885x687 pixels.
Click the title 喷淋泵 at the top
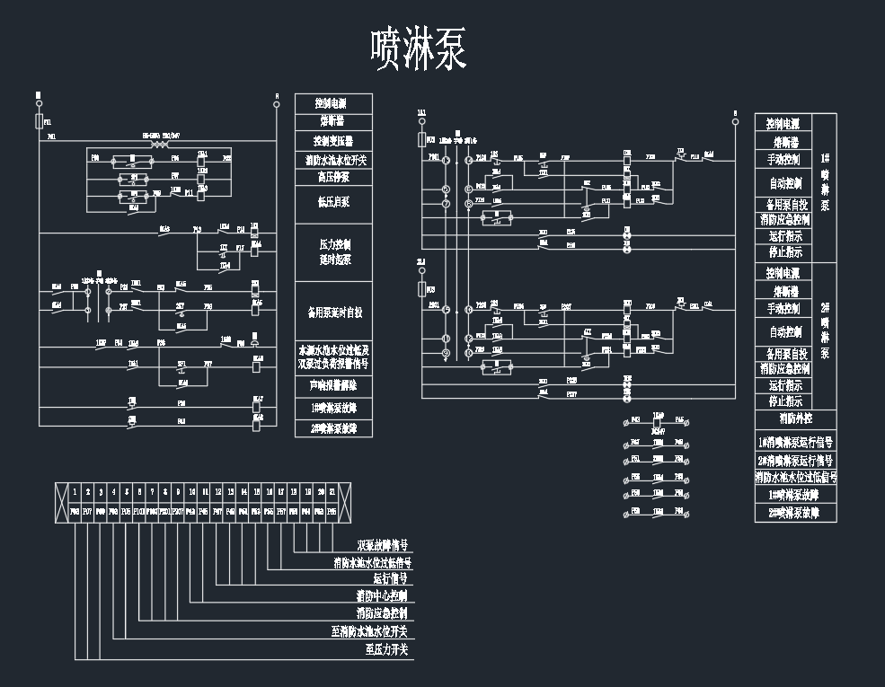(419, 49)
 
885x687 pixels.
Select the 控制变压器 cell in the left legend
(333, 141)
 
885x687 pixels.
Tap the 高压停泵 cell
(333, 177)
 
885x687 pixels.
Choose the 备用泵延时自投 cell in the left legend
(333, 313)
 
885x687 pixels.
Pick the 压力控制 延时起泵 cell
(333, 251)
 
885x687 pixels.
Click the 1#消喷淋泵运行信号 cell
(795, 442)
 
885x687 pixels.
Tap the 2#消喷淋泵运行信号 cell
(795, 460)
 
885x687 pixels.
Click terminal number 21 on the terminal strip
(332, 492)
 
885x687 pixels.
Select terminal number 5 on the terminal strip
(127, 492)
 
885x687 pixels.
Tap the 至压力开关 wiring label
(386, 649)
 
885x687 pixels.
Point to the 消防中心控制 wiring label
(382, 596)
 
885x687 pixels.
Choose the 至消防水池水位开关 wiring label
(369, 632)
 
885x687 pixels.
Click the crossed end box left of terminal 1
(62, 501)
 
